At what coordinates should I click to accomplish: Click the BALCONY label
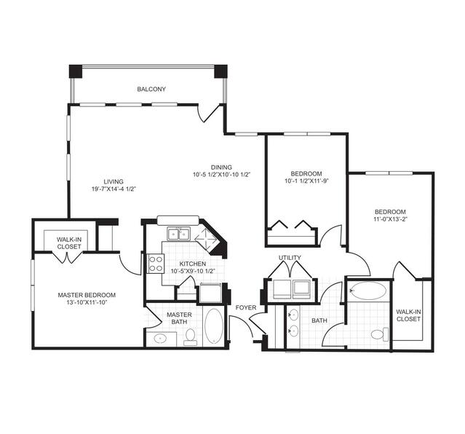click(151, 89)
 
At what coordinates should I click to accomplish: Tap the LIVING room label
click(114, 181)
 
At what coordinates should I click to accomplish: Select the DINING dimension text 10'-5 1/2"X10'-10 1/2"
click(222, 175)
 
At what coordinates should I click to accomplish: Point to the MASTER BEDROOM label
click(87, 295)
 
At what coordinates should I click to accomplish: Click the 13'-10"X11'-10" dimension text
click(87, 302)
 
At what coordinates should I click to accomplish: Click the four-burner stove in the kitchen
click(156, 264)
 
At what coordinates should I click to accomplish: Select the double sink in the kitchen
click(178, 234)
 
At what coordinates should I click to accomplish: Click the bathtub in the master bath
click(214, 326)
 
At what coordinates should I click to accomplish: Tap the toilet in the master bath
click(190, 337)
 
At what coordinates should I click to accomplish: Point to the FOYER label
click(246, 308)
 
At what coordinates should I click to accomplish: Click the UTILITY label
click(290, 258)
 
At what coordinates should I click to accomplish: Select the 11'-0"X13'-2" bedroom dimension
click(390, 219)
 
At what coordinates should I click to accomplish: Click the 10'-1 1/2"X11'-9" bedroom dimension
click(306, 181)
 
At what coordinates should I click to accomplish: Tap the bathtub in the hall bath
click(368, 291)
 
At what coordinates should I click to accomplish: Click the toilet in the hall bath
click(380, 334)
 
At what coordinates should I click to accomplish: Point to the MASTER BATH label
click(179, 318)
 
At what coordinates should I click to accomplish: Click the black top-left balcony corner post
click(76, 71)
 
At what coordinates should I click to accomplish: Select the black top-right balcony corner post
click(220, 71)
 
